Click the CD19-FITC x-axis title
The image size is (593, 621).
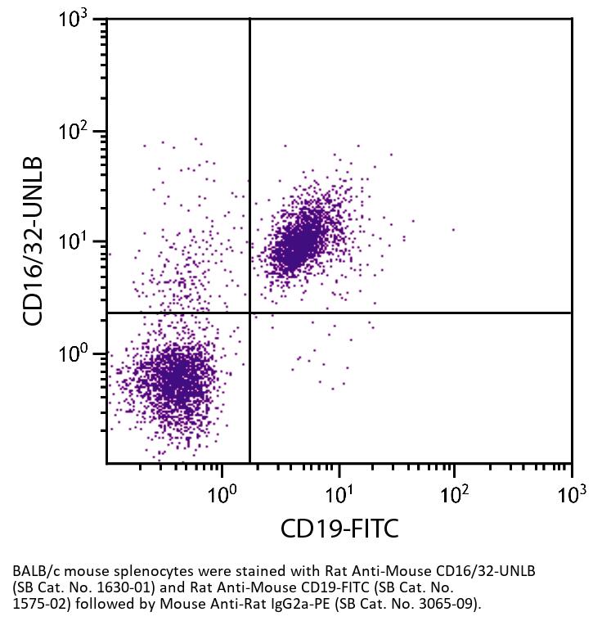click(x=339, y=529)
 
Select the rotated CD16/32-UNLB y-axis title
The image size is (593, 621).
click(x=33, y=242)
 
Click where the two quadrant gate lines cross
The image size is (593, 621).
click(x=249, y=313)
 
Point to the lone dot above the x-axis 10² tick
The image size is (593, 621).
click(x=454, y=230)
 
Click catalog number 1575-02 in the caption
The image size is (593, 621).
click(x=40, y=605)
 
